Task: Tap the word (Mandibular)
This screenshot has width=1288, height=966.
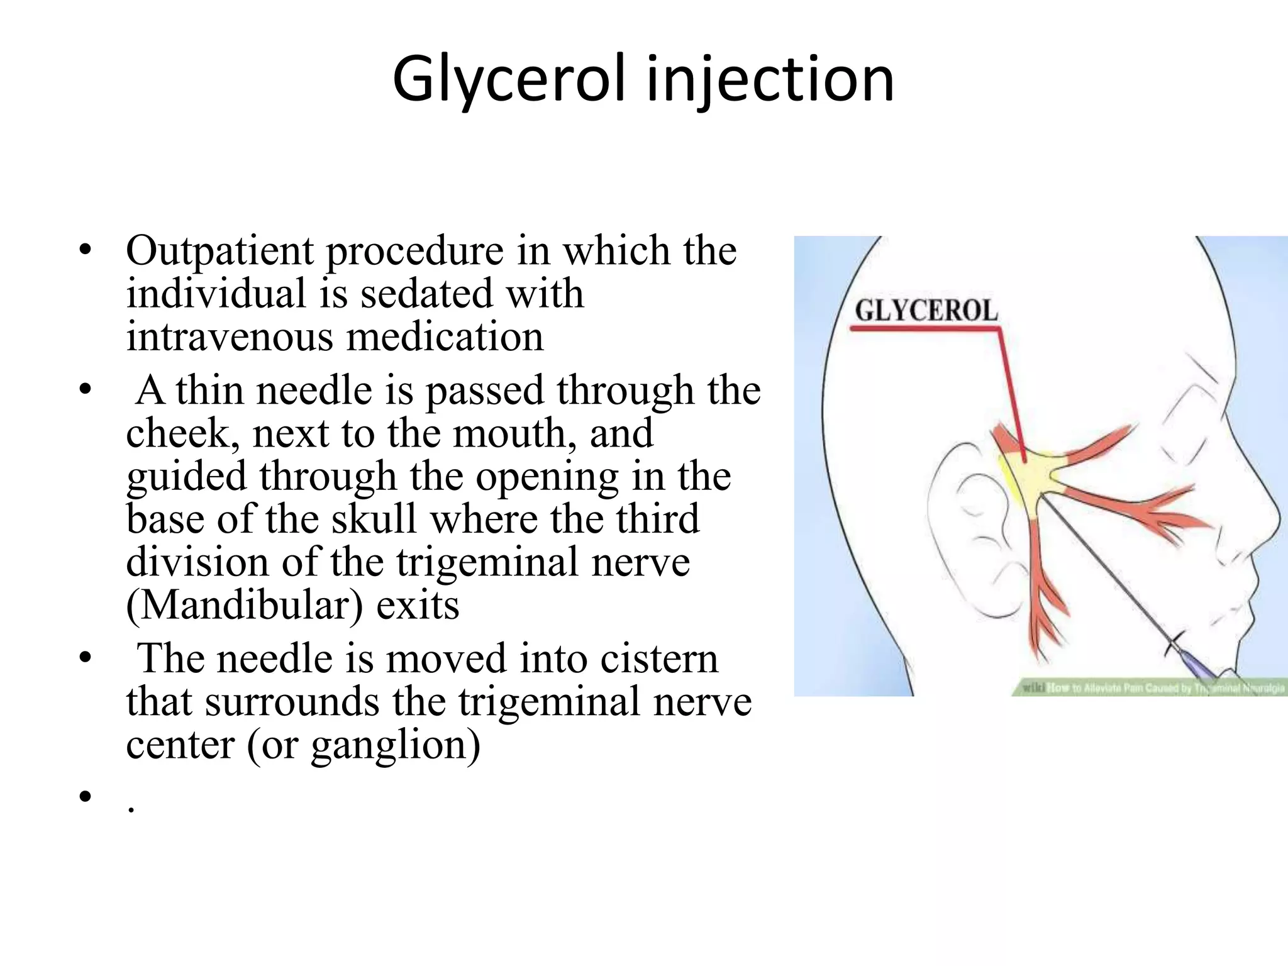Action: click(245, 606)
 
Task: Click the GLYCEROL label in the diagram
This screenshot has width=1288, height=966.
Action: click(926, 311)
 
